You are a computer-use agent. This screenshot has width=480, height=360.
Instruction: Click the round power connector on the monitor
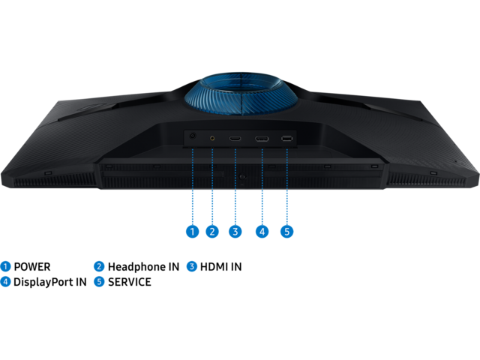pos(193,136)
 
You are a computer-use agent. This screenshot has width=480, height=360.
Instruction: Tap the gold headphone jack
pos(212,138)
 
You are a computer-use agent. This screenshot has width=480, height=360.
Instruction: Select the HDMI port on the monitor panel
pos(235,139)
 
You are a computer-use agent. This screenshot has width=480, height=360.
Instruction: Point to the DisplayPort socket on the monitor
pos(262,139)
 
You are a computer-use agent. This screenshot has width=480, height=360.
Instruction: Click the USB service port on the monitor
pos(286,139)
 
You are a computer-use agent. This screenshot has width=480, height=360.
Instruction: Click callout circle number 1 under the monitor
pos(192,232)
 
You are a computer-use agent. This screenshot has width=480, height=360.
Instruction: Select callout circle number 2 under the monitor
pos(212,232)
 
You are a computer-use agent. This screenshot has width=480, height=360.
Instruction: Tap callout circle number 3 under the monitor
pos(235,232)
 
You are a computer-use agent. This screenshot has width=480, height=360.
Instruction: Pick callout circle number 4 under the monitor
pos(262,232)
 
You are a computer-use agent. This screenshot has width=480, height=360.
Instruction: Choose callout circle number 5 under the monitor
pos(286,232)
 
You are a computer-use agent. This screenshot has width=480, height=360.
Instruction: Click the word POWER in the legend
pos(32,267)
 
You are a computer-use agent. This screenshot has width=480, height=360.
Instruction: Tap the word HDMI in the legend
pos(213,267)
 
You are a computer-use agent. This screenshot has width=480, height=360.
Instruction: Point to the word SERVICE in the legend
pos(130,282)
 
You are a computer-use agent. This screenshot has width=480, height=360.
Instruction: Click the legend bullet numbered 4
pos(5,282)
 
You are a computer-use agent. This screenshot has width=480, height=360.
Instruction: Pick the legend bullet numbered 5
pos(99,282)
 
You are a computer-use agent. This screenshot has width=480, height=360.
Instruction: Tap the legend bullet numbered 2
pos(99,266)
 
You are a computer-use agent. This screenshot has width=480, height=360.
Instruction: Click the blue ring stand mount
pos(241,93)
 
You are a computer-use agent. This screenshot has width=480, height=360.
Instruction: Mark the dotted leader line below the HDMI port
pos(235,187)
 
